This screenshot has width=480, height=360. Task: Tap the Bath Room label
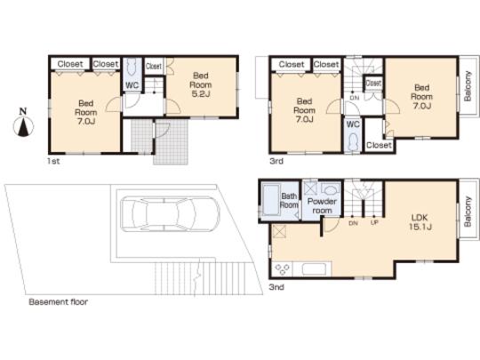tap(289, 200)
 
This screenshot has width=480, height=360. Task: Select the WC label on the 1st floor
tap(132, 84)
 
